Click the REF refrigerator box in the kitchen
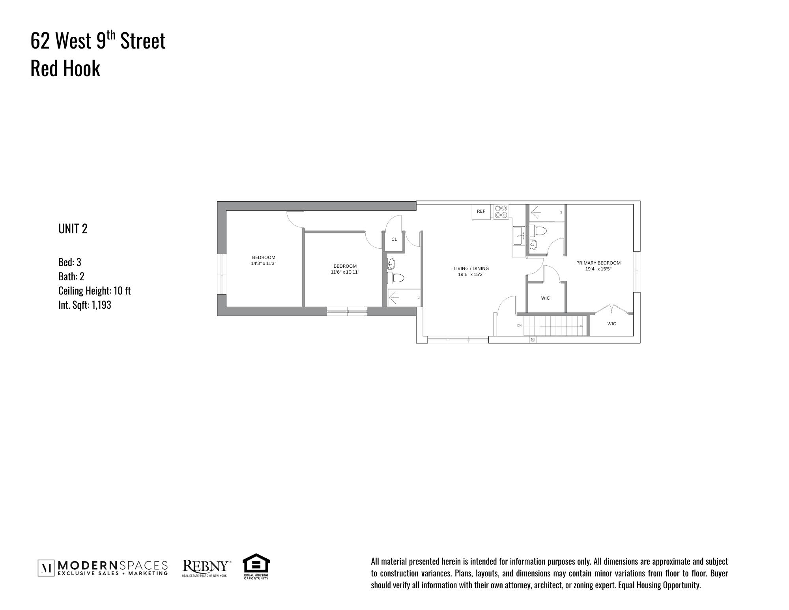(481, 212)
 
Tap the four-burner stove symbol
(501, 211)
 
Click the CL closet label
(394, 239)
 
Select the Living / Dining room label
(471, 268)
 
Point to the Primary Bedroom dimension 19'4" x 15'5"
(598, 269)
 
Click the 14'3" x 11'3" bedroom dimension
(264, 263)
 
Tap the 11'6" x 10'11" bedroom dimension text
(345, 272)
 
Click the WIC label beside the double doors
(611, 324)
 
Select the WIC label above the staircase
(545, 298)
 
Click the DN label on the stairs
(519, 325)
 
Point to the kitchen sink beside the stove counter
(518, 236)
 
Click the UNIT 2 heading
(73, 229)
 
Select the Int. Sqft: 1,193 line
(84, 305)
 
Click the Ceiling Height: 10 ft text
(94, 291)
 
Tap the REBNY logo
(205, 567)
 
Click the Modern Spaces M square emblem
(46, 568)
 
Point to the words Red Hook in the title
(65, 68)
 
